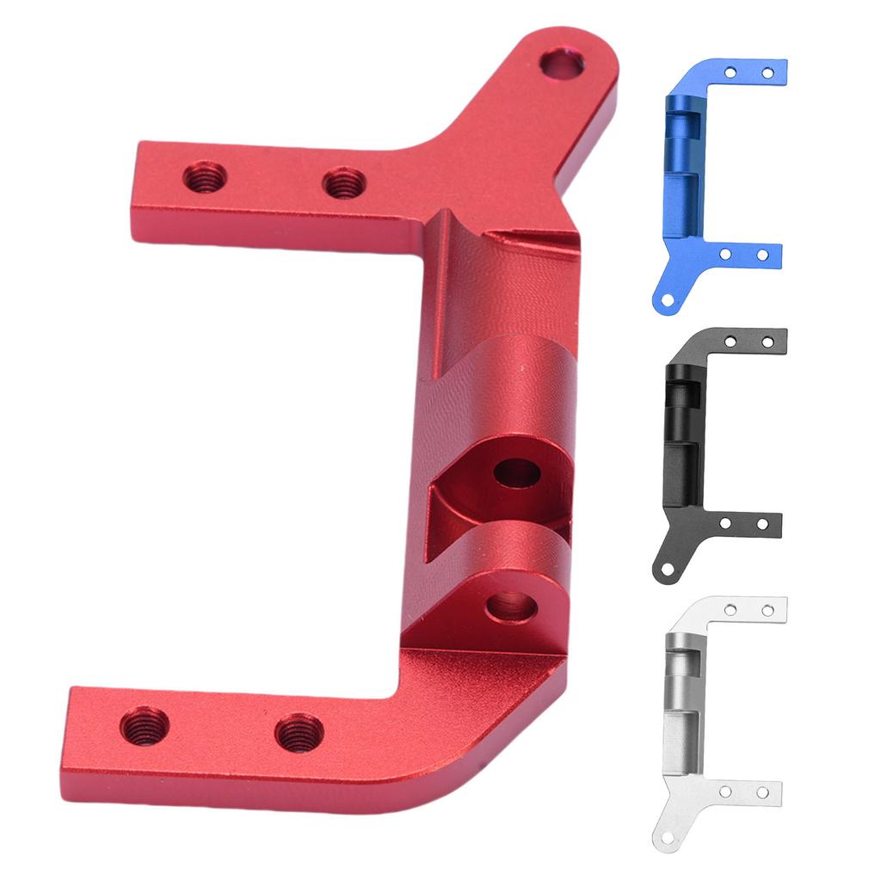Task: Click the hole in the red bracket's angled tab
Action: [561, 64]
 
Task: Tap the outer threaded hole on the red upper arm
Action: [205, 177]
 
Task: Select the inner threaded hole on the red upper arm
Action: [344, 182]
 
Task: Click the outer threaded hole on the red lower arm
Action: [144, 726]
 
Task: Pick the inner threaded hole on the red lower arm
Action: [299, 732]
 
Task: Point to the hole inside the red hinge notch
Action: [516, 472]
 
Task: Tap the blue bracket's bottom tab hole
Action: [663, 300]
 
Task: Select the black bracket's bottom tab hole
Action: [663, 570]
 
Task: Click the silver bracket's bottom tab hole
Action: [663, 839]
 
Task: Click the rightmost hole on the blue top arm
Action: [767, 73]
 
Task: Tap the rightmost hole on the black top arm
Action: [767, 342]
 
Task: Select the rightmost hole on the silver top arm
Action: [767, 610]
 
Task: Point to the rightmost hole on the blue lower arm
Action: [762, 256]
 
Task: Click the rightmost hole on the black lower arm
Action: [762, 524]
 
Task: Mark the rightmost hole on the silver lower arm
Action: [762, 792]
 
